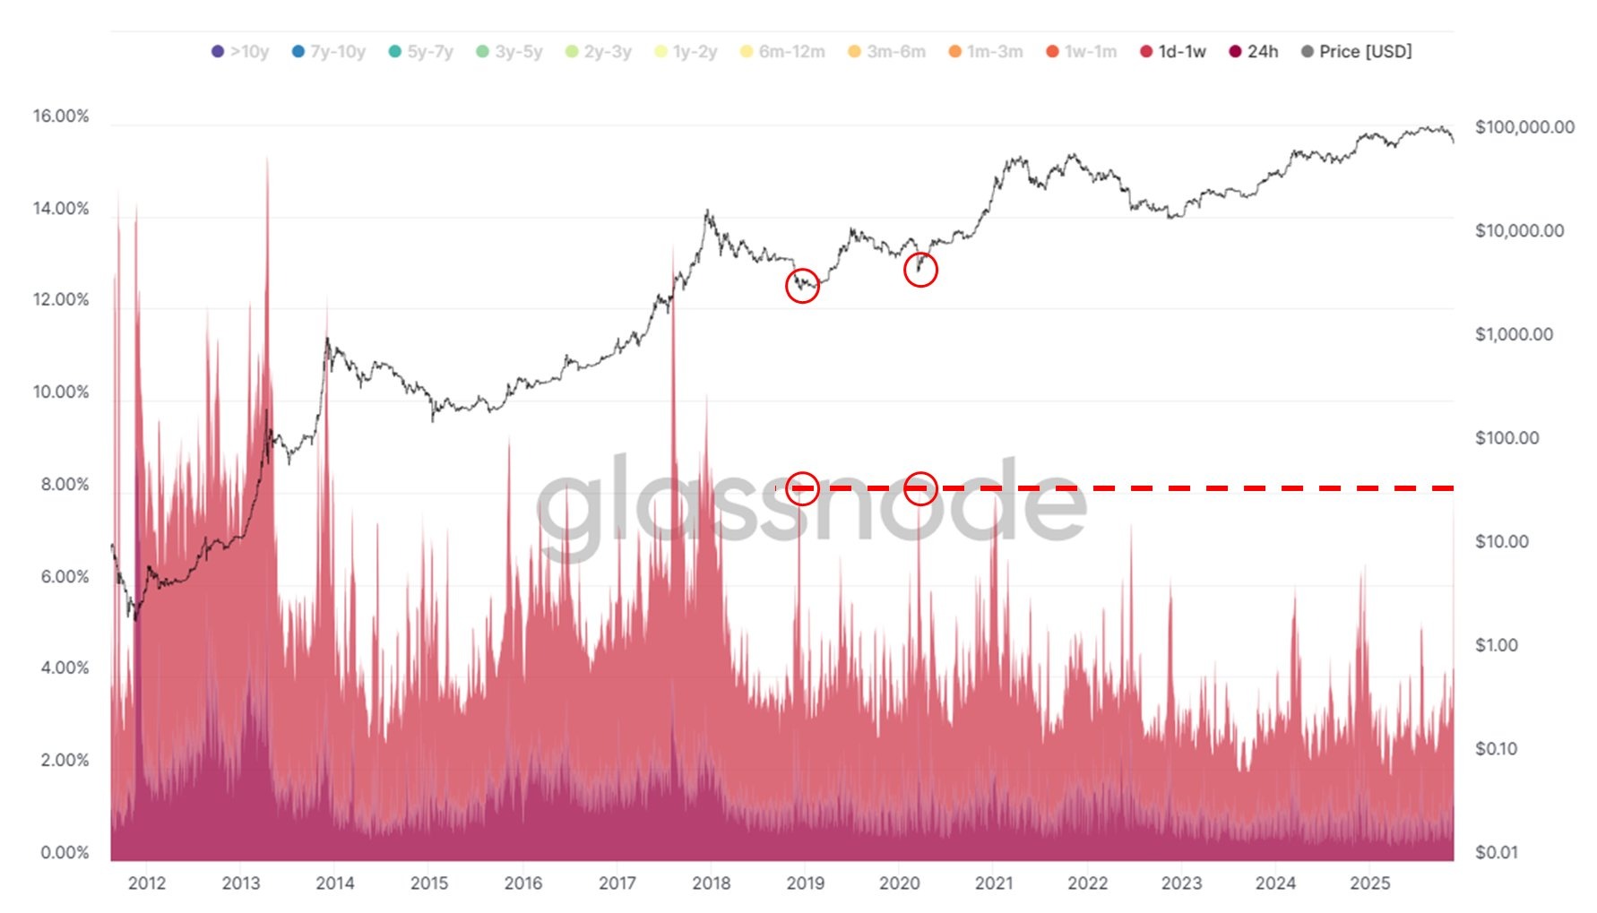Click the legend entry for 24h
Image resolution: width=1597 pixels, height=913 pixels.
1254,52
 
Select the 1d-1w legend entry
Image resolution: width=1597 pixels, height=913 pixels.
1173,52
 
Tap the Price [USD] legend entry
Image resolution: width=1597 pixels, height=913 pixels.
1357,52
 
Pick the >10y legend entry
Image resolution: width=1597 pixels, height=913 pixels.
240,52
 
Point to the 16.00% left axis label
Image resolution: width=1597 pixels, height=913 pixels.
61,116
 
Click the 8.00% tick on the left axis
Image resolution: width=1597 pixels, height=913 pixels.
65,485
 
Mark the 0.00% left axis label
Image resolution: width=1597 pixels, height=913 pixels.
65,852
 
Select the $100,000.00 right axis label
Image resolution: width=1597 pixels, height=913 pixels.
1524,127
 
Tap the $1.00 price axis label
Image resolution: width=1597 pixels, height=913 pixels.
1496,645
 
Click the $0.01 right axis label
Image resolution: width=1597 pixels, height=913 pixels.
1496,852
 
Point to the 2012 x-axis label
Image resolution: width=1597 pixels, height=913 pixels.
147,883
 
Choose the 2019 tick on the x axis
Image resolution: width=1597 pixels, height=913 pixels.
805,883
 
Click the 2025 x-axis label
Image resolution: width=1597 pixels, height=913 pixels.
1369,883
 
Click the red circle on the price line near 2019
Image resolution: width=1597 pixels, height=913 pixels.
802,286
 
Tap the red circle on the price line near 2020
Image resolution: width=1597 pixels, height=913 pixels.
920,270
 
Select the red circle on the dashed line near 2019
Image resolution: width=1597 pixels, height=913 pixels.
802,488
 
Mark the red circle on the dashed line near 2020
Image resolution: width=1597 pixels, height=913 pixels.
920,488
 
